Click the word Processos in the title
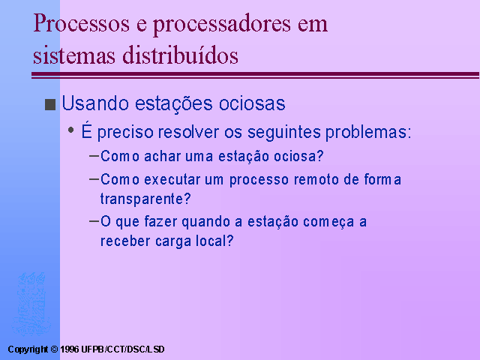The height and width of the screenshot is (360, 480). (x=82, y=23)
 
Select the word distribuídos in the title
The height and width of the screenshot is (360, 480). (x=180, y=55)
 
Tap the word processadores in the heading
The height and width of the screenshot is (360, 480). (x=222, y=25)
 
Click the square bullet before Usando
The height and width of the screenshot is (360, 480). (x=50, y=104)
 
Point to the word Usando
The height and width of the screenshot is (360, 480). (x=95, y=103)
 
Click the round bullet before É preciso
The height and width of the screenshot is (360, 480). (x=71, y=130)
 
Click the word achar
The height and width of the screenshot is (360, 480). (x=163, y=156)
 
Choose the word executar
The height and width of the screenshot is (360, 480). (x=172, y=179)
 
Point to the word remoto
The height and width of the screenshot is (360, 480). (x=316, y=179)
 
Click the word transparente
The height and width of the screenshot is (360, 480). (x=145, y=199)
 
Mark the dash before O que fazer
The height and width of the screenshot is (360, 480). (x=94, y=220)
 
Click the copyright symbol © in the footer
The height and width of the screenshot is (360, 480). (x=54, y=349)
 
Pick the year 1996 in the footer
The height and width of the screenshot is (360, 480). (x=70, y=349)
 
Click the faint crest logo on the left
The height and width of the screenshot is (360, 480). (x=31, y=304)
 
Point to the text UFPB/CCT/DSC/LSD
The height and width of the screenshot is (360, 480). (x=123, y=349)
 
